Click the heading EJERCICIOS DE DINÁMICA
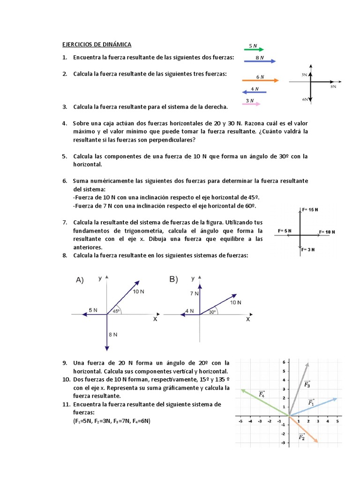pyautogui.click(x=97, y=45)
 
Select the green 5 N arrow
pyautogui.click(x=254, y=49)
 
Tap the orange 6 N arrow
pyautogui.click(x=260, y=80)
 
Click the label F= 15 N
pyautogui.click(x=310, y=210)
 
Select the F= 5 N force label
pyautogui.click(x=285, y=231)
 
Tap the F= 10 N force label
pyautogui.click(x=330, y=232)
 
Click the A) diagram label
pyautogui.click(x=80, y=280)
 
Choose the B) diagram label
pyautogui.click(x=174, y=279)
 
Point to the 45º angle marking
pyautogui.click(x=115, y=310)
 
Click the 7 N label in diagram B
pyautogui.click(x=195, y=293)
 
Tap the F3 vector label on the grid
pyautogui.click(x=307, y=384)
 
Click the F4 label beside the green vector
pyautogui.click(x=262, y=394)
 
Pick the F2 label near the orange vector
pyautogui.click(x=302, y=437)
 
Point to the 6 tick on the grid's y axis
pyautogui.click(x=284, y=362)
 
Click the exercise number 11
pyautogui.click(x=65, y=404)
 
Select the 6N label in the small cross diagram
pyautogui.click(x=305, y=99)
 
